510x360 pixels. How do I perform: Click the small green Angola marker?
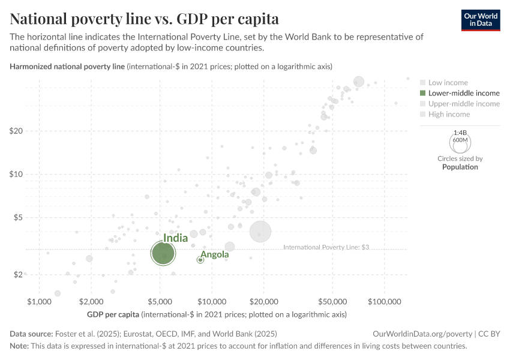200,260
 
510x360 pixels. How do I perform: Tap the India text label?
175,238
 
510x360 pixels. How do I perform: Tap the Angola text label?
214,255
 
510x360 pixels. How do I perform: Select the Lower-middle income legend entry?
459,93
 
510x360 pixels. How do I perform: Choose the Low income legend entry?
448,82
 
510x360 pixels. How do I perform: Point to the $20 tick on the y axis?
16,131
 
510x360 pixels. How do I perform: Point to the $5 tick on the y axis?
16,217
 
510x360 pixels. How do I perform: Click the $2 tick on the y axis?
16,274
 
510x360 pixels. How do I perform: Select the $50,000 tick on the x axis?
332,301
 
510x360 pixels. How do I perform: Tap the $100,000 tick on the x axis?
385,301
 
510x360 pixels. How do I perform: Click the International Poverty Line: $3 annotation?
325,247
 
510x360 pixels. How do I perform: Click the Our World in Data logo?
480,20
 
